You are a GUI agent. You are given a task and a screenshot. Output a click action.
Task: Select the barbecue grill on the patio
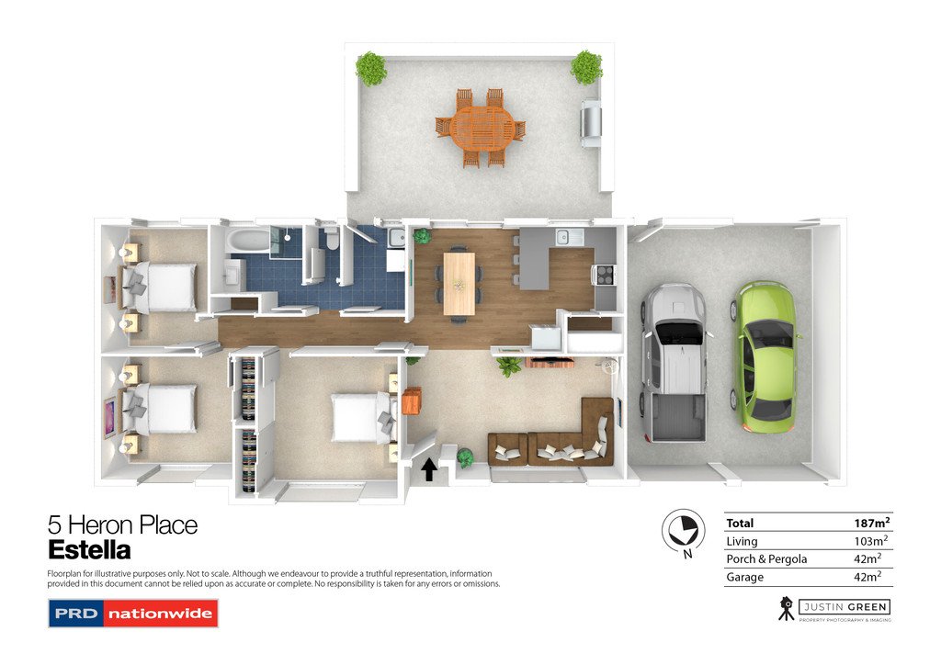click(591, 125)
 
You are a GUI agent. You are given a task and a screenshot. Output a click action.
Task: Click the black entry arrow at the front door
click(427, 470)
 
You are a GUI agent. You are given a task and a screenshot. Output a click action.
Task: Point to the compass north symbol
click(683, 531)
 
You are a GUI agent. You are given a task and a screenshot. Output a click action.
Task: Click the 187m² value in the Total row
click(870, 523)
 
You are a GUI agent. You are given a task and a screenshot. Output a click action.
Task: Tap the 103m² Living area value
click(870, 541)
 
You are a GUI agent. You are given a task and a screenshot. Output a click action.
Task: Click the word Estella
click(89, 551)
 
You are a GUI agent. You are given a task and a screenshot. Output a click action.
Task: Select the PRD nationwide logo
click(133, 613)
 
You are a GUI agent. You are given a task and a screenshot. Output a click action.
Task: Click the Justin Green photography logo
click(833, 608)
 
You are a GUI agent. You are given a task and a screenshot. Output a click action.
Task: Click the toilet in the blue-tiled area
click(332, 241)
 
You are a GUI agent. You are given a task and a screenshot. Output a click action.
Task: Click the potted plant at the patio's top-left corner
click(371, 68)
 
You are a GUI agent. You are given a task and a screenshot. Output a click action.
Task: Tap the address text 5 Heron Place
click(122, 525)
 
